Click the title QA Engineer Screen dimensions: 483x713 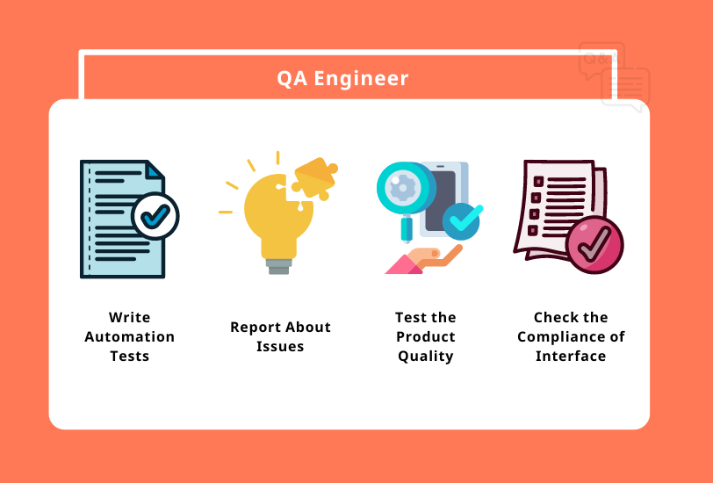[342, 78]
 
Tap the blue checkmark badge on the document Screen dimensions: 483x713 [155, 215]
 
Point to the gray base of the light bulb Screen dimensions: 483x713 [278, 264]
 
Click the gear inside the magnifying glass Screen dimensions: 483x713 [403, 187]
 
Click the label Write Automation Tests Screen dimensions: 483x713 [129, 336]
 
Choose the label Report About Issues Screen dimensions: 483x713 [280, 336]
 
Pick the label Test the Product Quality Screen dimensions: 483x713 [426, 336]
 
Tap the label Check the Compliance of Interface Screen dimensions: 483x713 [571, 336]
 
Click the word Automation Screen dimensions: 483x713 [129, 336]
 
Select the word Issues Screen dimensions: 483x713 [280, 346]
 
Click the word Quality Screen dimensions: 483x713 [426, 356]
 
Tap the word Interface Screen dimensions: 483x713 [571, 356]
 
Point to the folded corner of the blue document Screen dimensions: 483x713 [155, 168]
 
